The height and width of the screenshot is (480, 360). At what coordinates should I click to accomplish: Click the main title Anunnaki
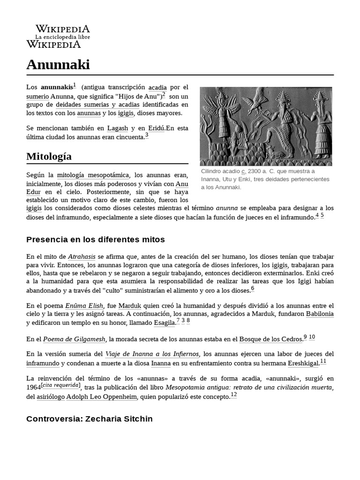coord(58,65)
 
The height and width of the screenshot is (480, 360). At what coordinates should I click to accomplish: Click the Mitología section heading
coord(49,156)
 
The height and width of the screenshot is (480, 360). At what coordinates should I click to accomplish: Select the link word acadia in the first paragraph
coord(157,87)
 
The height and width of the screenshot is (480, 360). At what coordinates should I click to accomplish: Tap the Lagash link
coord(117,128)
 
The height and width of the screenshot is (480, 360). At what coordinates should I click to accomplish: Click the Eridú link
coord(156,128)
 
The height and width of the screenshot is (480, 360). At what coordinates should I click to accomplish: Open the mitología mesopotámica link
coord(93,175)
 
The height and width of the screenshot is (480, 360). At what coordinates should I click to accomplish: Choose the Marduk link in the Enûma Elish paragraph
coord(132,305)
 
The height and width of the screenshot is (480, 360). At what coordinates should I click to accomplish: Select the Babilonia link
coord(320,314)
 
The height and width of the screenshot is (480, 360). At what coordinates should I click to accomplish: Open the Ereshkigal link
coord(303,363)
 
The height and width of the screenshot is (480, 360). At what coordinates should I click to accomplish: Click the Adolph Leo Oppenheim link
coord(102,397)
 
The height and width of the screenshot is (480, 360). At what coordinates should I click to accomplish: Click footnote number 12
coord(234,395)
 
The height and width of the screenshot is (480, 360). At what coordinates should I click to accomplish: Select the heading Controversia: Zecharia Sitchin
coord(90,419)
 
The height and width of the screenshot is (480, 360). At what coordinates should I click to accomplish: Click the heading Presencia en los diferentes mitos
coord(96,240)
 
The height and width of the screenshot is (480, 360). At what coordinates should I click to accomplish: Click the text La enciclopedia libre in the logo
coord(63,37)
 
